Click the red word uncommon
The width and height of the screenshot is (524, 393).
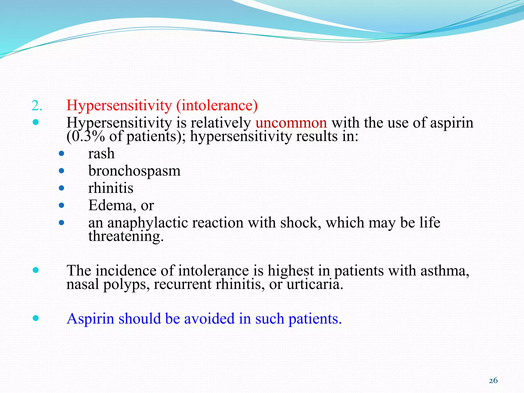[291, 123]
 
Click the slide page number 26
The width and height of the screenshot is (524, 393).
[493, 381]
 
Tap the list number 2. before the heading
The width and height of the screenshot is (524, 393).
[37, 106]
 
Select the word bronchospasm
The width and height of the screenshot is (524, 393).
[134, 171]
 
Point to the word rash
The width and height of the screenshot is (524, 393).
[101, 154]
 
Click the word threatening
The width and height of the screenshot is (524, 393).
[125, 236]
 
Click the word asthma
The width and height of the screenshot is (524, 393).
[445, 271]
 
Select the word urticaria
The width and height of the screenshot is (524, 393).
[314, 284]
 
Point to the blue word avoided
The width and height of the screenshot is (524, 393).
[209, 319]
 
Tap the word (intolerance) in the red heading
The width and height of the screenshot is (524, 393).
[217, 105]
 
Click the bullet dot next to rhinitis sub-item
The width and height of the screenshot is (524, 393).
[61, 188]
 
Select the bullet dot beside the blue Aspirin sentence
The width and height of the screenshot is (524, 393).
[36, 318]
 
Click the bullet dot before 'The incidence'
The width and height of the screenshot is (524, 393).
[36, 270]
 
